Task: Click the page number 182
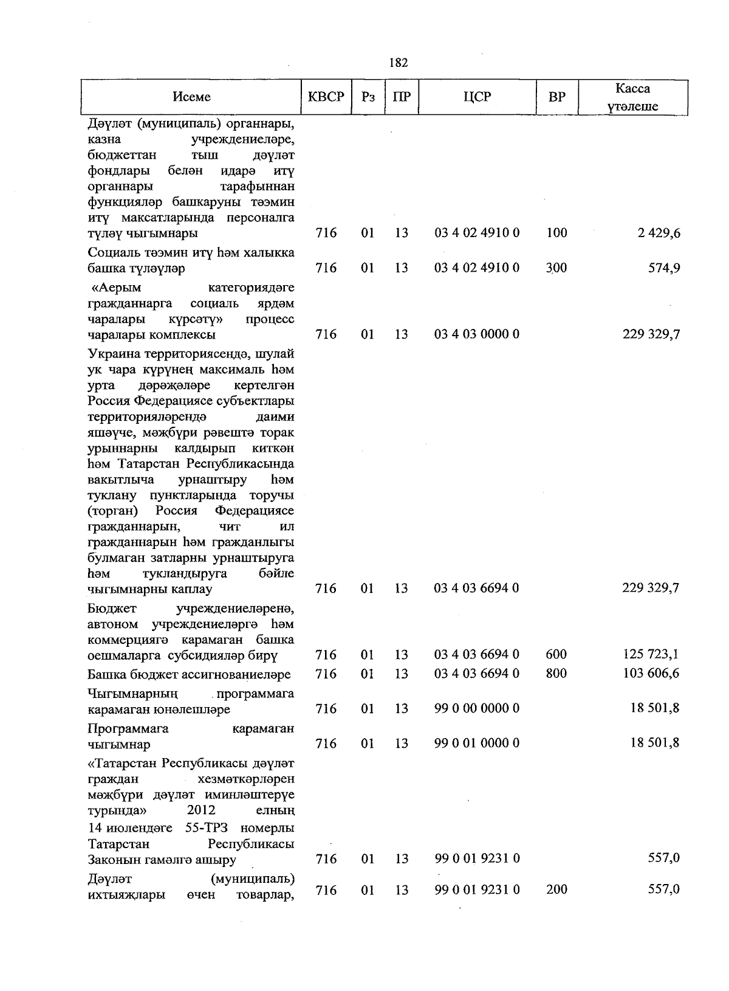[398, 63]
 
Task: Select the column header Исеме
[192, 97]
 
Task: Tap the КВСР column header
[326, 97]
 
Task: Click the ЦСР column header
[477, 97]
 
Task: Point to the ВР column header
[557, 97]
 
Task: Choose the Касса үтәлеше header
[632, 97]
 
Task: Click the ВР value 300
[556, 268]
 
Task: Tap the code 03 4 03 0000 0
[477, 334]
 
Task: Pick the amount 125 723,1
[651, 655]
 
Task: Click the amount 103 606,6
[651, 674]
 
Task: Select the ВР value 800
[556, 674]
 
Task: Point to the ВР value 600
[556, 655]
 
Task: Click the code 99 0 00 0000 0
[477, 708]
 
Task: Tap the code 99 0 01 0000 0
[477, 743]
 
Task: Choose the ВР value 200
[556, 889]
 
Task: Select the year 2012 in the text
[201, 810]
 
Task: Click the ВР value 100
[556, 233]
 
